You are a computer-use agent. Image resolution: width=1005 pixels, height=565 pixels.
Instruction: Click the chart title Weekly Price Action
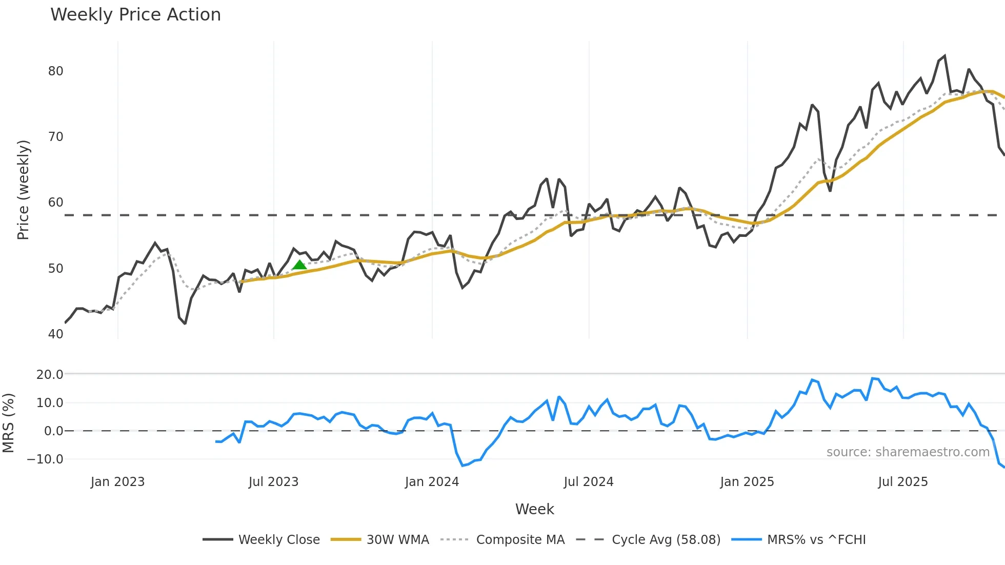[135, 15]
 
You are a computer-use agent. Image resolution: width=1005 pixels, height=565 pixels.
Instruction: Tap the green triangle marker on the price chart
[299, 265]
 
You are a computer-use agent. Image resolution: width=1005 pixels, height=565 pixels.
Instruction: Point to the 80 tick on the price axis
[55, 71]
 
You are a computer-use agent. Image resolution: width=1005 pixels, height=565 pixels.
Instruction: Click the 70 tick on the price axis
[55, 137]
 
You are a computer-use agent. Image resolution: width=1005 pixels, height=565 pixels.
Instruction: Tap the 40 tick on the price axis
[55, 334]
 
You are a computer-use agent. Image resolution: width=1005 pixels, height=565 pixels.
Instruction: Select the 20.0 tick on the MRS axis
[50, 375]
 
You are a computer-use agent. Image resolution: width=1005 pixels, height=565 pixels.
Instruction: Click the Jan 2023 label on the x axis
[117, 482]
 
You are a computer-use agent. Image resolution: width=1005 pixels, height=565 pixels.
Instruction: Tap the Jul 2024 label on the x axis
[588, 482]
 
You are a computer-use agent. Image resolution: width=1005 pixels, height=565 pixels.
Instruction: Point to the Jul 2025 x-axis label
[902, 482]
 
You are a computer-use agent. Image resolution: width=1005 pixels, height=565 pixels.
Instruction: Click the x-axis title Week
[534, 509]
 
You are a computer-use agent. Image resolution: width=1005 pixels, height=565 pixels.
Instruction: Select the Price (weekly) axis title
[23, 190]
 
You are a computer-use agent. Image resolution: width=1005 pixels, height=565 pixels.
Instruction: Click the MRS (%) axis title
[8, 423]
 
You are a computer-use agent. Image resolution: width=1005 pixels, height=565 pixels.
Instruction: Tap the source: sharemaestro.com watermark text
[908, 452]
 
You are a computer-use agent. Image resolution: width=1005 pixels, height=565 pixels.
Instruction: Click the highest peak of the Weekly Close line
[944, 56]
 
